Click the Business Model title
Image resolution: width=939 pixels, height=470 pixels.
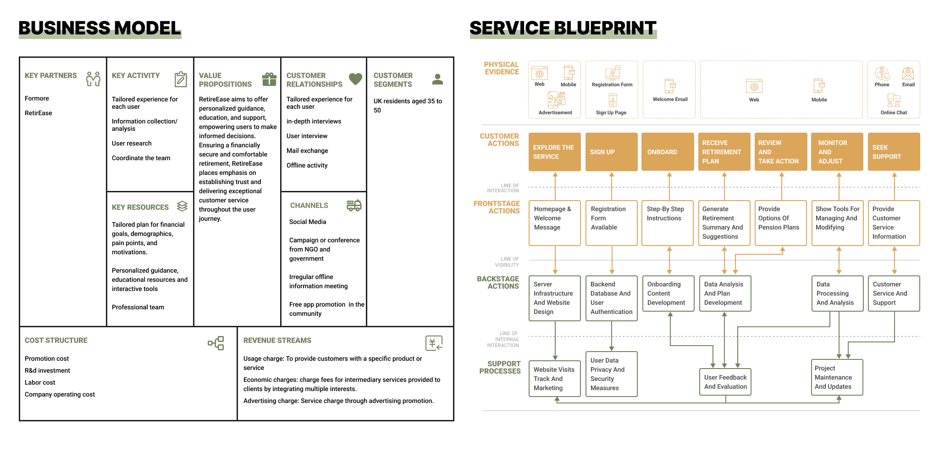pyautogui.click(x=99, y=28)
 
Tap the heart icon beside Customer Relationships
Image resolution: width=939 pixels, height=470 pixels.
pyautogui.click(x=355, y=79)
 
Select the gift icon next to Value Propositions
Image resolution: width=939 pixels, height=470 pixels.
pyautogui.click(x=269, y=79)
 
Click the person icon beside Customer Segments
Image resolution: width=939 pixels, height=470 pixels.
pyautogui.click(x=438, y=79)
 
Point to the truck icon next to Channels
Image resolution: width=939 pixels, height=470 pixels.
pyautogui.click(x=354, y=205)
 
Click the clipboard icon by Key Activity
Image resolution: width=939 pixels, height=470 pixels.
pyautogui.click(x=181, y=79)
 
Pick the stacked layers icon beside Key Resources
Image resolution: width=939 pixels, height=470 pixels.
pyautogui.click(x=182, y=206)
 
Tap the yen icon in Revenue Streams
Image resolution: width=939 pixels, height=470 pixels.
pyautogui.click(x=434, y=343)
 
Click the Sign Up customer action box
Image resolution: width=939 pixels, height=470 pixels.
pyautogui.click(x=612, y=152)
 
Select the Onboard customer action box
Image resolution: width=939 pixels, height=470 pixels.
pyautogui.click(x=668, y=152)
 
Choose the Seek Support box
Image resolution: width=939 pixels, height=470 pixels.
pyautogui.click(x=894, y=152)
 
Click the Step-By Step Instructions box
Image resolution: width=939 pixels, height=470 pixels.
pyautogui.click(x=668, y=223)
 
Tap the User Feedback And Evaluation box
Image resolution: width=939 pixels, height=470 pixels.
pyautogui.click(x=725, y=382)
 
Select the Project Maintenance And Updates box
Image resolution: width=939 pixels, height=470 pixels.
pyautogui.click(x=837, y=377)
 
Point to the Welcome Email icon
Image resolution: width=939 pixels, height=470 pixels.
pyautogui.click(x=670, y=86)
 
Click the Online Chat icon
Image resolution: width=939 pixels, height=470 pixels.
pyautogui.click(x=894, y=101)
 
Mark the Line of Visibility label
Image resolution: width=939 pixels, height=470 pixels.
pyautogui.click(x=507, y=262)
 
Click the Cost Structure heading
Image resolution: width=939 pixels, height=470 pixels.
pyautogui.click(x=56, y=340)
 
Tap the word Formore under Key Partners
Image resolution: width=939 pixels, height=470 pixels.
pyautogui.click(x=37, y=98)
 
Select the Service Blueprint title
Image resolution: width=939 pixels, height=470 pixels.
pyautogui.click(x=563, y=28)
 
